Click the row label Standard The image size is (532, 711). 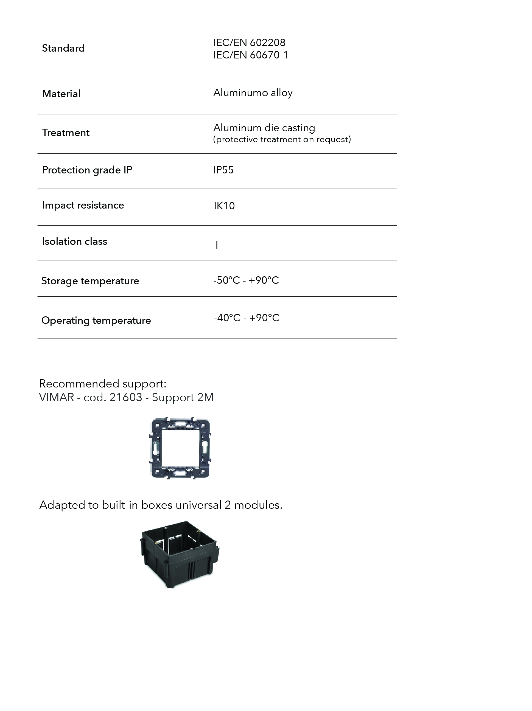(63, 48)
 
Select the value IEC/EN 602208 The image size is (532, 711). (249, 43)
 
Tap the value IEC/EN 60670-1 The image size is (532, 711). (251, 55)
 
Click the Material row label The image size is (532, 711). (61, 94)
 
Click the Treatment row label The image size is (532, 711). (66, 133)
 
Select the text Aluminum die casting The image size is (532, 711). (264, 128)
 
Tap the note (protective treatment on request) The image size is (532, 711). (282, 139)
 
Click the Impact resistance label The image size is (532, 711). (83, 205)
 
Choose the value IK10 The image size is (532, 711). (224, 206)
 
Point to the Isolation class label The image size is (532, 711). (75, 241)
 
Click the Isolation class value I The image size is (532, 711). (217, 246)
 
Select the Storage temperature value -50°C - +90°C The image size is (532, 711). (246, 280)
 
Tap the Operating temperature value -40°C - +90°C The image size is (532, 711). (247, 318)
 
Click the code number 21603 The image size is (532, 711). (125, 398)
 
